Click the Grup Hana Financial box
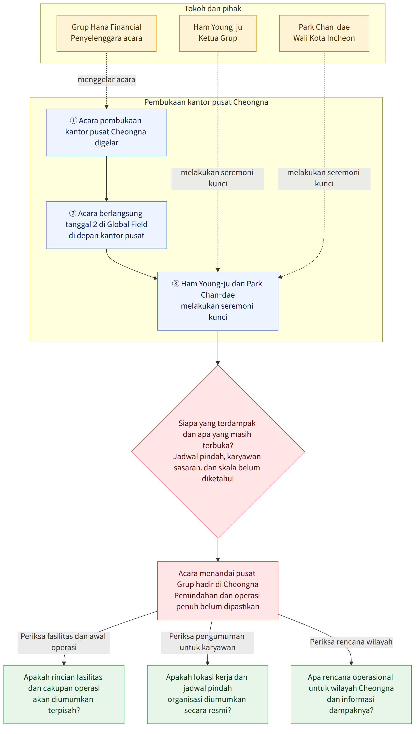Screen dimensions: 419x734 tap(106, 33)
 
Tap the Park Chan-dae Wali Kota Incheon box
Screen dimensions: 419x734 tap(324, 33)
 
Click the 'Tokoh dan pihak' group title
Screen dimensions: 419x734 tap(213, 9)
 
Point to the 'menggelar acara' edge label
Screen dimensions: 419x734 tap(106, 79)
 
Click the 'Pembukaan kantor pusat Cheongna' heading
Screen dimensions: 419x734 tap(206, 102)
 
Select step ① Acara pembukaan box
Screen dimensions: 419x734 tap(106, 132)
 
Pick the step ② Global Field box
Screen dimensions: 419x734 tap(106, 225)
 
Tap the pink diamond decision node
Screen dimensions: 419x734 tap(218, 452)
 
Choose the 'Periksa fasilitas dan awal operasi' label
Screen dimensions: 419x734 tap(64, 642)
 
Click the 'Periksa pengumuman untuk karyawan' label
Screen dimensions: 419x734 tap(207, 642)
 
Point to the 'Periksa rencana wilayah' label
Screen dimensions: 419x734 tap(351, 642)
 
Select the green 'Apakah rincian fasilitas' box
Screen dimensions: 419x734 tap(64, 694)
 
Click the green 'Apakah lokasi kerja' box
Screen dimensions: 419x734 tap(207, 694)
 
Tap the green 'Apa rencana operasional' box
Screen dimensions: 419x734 tap(351, 694)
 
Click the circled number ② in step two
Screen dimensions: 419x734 tap(73, 213)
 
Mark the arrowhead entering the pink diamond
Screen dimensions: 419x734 tap(218, 363)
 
